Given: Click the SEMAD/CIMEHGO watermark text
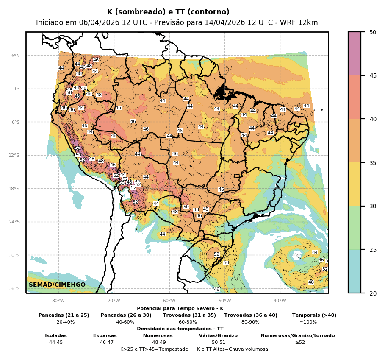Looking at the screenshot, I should pyautogui.click(x=57, y=285).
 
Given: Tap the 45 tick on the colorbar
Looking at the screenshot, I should pyautogui.click(x=373, y=75).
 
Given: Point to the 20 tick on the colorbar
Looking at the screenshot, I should pyautogui.click(x=373, y=293).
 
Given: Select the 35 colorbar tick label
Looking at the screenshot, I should pyautogui.click(x=373, y=162).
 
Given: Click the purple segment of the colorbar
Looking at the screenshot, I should pyautogui.click(x=355, y=53).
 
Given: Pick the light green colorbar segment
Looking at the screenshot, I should pyautogui.click(x=355, y=228).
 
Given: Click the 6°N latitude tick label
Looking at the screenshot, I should pyautogui.click(x=15, y=56).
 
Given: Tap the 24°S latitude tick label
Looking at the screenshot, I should pyautogui.click(x=14, y=222).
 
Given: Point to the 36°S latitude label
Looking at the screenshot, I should pyautogui.click(x=14, y=288).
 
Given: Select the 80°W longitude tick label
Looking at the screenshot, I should pyautogui.click(x=58, y=301).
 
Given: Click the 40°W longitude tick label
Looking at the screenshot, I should pyautogui.click(x=280, y=301).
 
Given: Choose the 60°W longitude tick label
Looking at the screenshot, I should pyautogui.click(x=169, y=301).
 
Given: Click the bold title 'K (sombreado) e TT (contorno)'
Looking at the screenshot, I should pyautogui.click(x=168, y=12).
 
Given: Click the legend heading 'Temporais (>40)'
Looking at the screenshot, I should pyautogui.click(x=314, y=315).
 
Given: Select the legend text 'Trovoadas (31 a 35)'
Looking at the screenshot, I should pyautogui.click(x=189, y=315).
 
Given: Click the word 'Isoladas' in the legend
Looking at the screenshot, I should pyautogui.click(x=56, y=335).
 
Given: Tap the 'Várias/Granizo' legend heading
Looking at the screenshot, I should pyautogui.click(x=218, y=335).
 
